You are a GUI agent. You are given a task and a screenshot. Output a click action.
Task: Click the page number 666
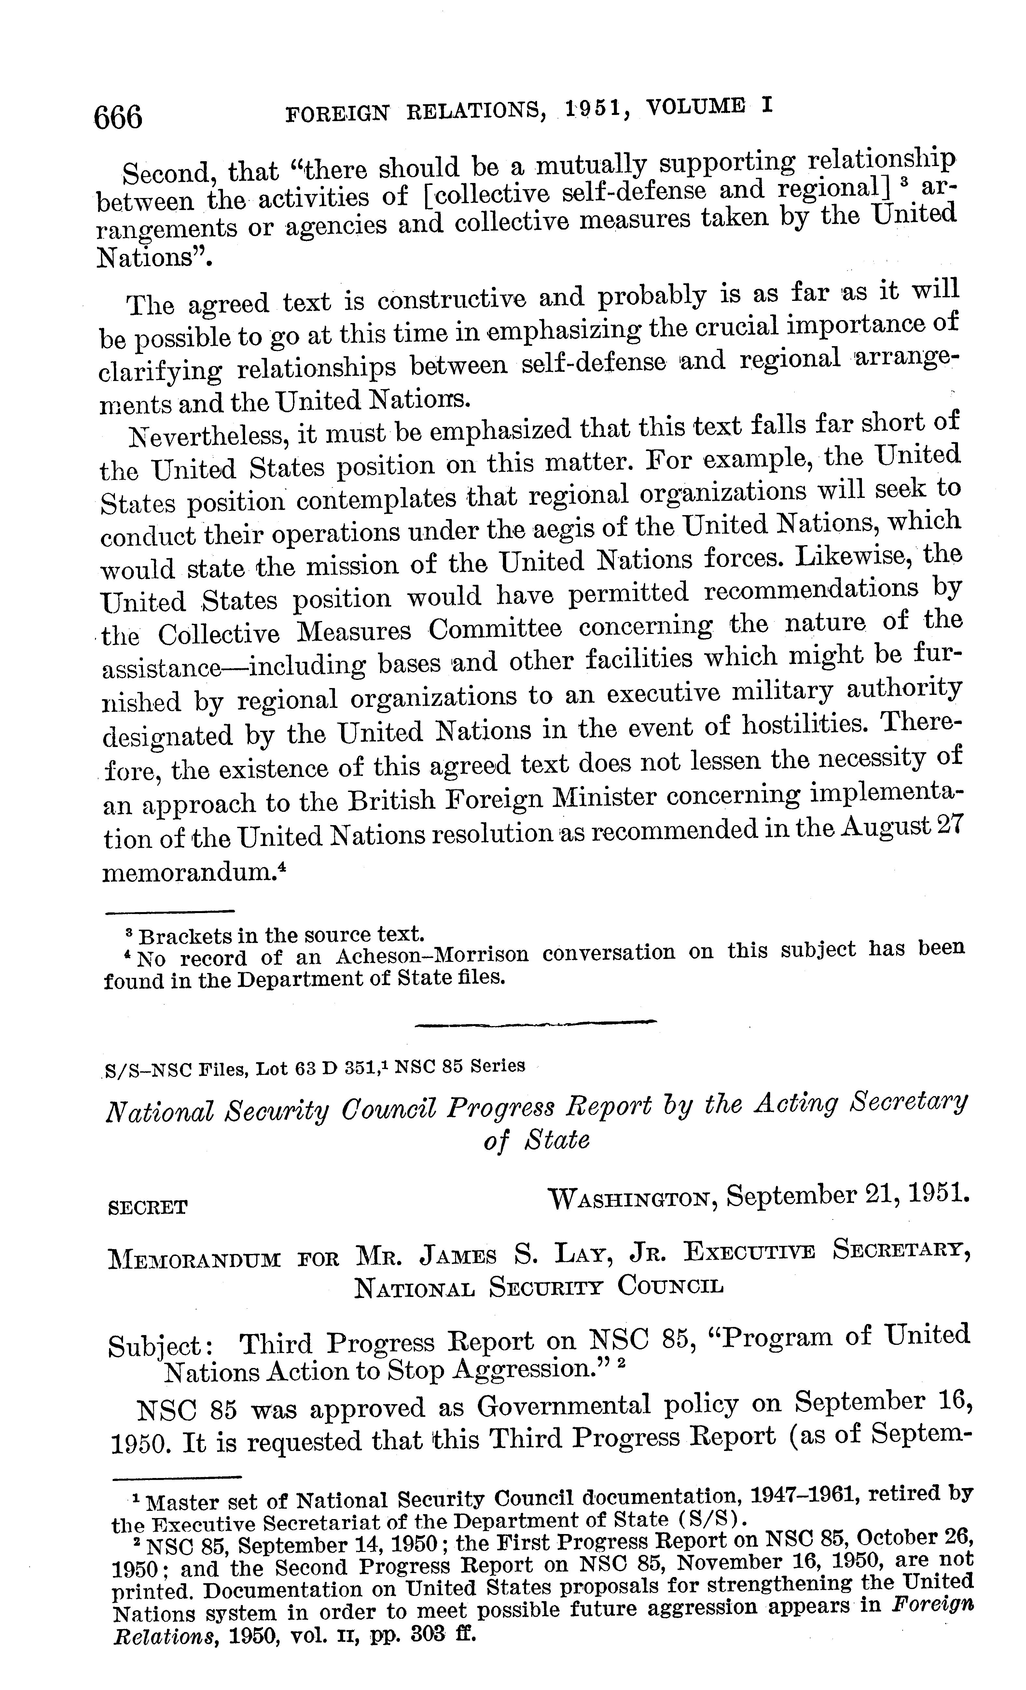(118, 117)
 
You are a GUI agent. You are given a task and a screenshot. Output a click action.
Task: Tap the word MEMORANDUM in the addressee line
(195, 1259)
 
